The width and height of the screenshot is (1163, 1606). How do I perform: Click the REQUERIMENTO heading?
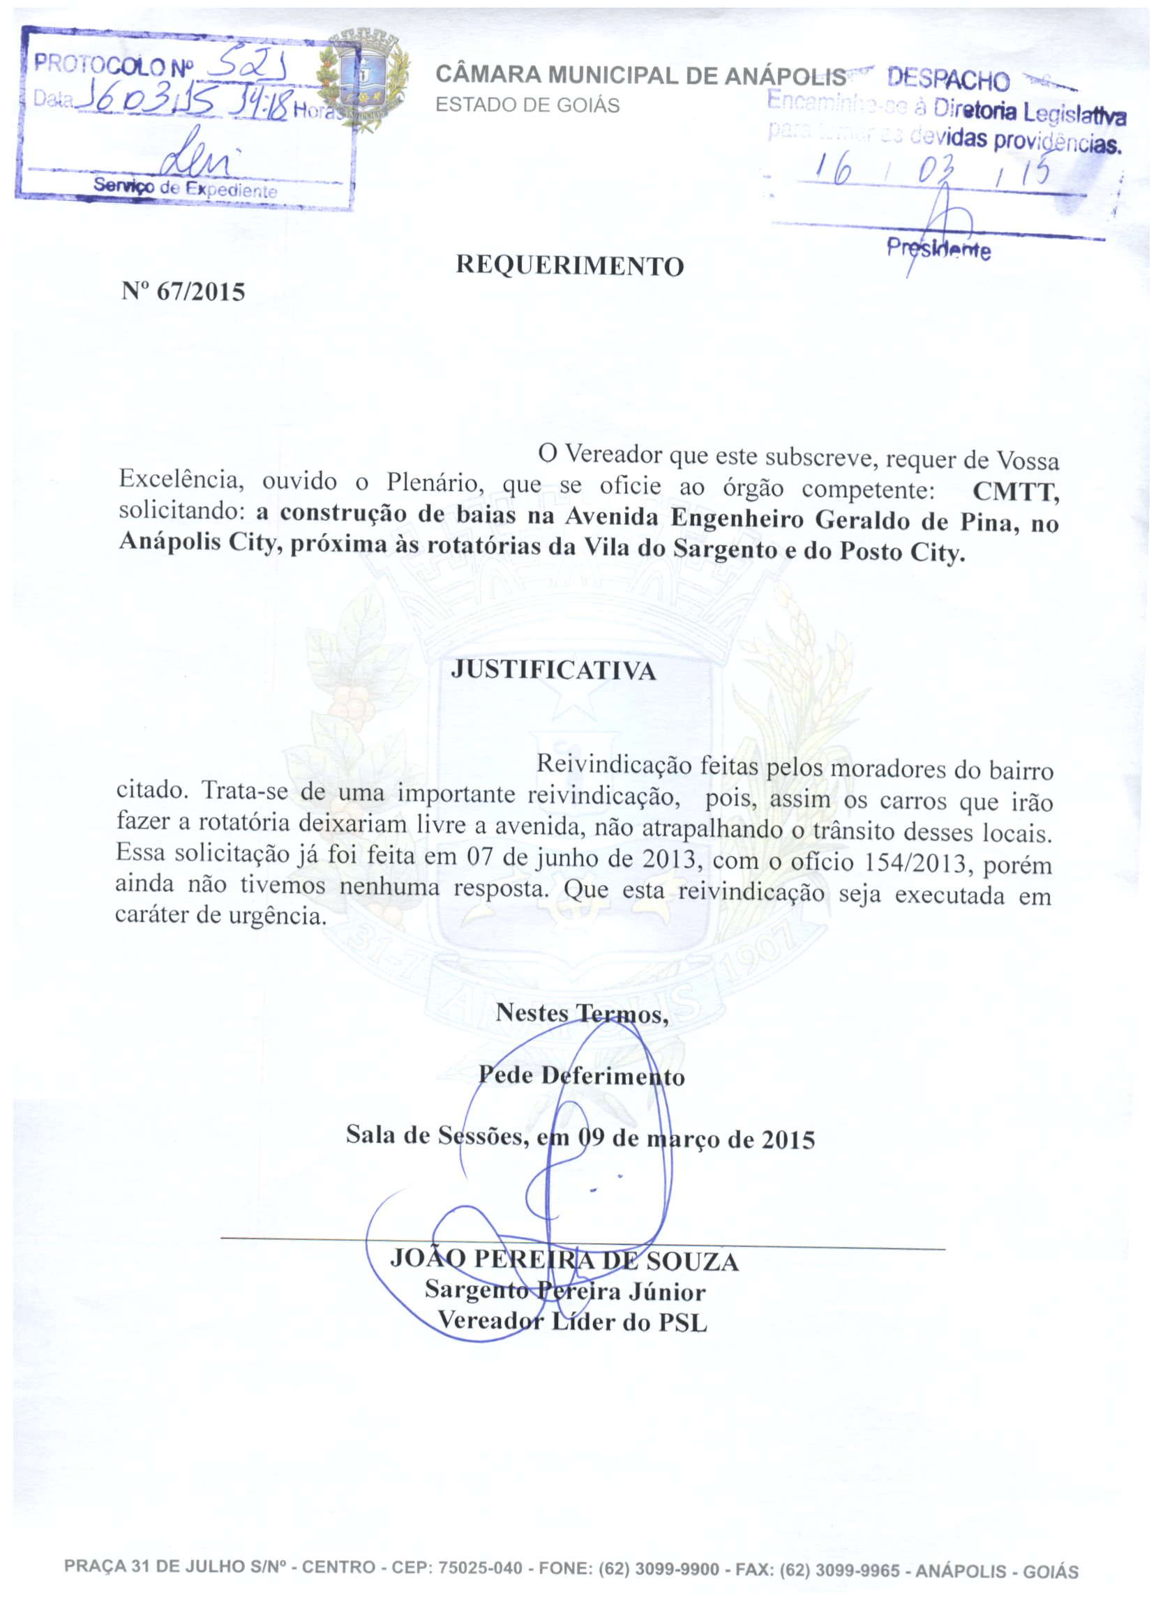[569, 265]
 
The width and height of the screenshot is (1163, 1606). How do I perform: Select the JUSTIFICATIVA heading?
[553, 670]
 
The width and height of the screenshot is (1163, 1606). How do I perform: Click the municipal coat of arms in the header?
[363, 80]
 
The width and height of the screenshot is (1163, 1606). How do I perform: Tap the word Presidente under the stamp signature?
[938, 248]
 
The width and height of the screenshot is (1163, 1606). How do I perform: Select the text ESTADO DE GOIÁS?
[527, 105]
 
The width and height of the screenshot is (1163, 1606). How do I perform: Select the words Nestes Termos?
[582, 1013]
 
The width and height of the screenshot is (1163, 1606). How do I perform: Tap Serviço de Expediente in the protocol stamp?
[185, 188]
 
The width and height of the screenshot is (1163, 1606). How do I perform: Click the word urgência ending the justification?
[277, 916]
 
